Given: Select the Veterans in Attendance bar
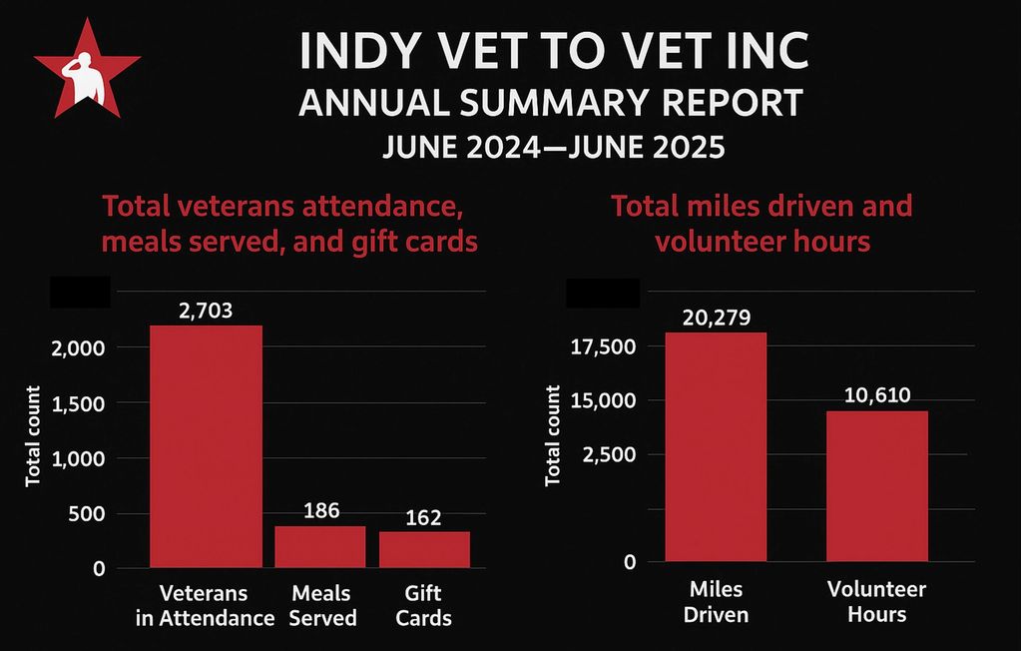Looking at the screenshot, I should [x=206, y=446].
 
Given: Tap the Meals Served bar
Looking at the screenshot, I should [x=320, y=547].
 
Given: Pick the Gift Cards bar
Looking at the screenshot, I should [x=424, y=549].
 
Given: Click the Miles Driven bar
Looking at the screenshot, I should [x=716, y=446].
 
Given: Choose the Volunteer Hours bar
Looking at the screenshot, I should [x=876, y=486].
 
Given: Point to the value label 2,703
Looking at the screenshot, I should [x=206, y=311].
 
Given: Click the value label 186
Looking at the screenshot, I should [x=320, y=510].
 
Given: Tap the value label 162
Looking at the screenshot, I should [x=424, y=517].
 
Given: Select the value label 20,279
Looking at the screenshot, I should [x=716, y=318].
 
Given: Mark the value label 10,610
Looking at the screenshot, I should [x=876, y=395].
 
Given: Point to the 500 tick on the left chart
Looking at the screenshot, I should [x=86, y=514].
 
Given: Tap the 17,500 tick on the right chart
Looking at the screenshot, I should [x=602, y=346].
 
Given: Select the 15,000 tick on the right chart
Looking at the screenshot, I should [x=602, y=400].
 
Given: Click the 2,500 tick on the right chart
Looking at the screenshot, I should [x=607, y=454].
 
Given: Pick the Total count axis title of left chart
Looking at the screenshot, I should [x=33, y=436].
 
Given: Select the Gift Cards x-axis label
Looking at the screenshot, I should [x=424, y=604].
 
